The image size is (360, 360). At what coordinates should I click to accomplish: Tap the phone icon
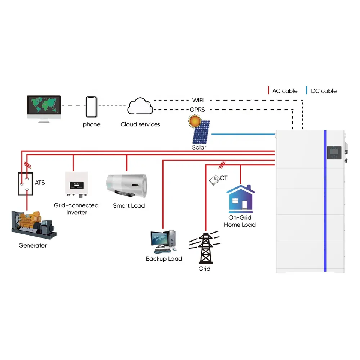point(91,107)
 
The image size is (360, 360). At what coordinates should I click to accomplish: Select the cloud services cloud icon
point(140,106)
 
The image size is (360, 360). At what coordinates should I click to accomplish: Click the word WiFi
point(198,100)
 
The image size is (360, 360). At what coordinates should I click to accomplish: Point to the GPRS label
point(197,109)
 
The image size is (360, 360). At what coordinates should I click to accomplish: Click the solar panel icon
point(202,134)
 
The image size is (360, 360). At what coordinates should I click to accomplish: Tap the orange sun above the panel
point(195,121)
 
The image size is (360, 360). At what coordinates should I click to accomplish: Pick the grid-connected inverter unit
point(76,184)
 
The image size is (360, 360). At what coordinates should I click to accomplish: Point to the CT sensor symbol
point(214,180)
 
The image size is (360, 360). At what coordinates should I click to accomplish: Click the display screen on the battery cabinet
point(334,152)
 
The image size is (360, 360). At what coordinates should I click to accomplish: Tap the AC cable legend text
point(285,91)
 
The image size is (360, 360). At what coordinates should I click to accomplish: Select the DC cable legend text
point(324,91)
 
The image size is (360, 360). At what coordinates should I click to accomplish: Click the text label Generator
point(33,245)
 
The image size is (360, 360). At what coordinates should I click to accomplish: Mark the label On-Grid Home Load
point(240,221)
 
